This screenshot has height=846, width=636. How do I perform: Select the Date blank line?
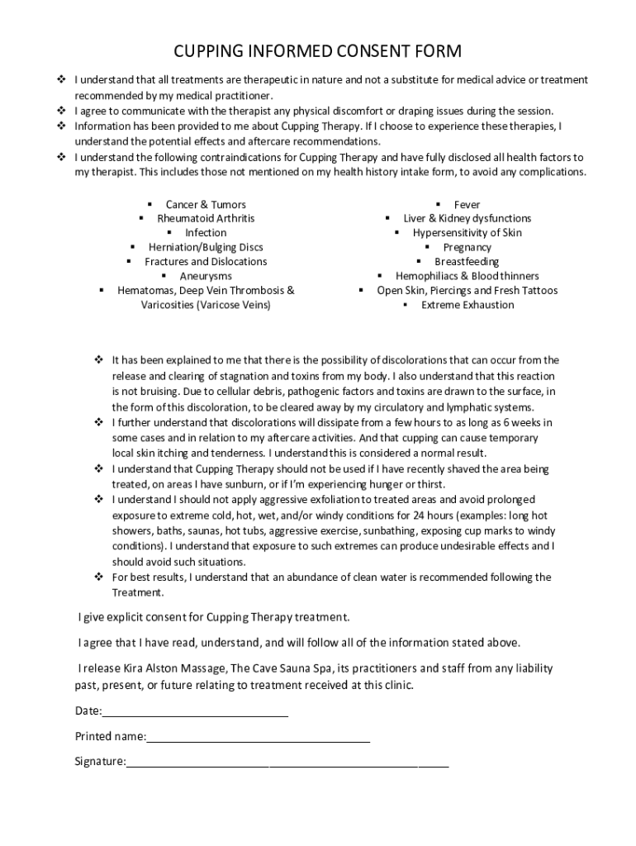(x=195, y=711)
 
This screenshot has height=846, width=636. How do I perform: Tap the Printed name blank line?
(x=258, y=736)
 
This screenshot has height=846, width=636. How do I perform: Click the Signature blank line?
(x=287, y=762)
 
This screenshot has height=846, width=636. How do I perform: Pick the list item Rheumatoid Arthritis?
(x=206, y=219)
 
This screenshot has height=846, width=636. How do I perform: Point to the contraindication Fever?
(x=467, y=205)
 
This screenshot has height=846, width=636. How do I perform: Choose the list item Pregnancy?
(x=467, y=248)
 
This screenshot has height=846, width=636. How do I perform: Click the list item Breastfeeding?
(x=467, y=262)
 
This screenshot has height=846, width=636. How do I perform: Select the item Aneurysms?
(x=206, y=277)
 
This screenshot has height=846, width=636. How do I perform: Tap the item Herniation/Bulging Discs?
(x=206, y=248)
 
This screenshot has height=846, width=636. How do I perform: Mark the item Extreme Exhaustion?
(x=467, y=306)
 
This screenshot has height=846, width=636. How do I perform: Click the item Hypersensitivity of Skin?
(x=467, y=233)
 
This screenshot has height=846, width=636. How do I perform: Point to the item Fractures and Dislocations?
(x=206, y=262)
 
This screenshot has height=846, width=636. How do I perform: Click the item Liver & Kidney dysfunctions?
(x=467, y=219)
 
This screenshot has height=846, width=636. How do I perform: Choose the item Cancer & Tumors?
(x=206, y=205)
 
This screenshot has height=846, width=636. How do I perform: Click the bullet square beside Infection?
(x=170, y=233)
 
